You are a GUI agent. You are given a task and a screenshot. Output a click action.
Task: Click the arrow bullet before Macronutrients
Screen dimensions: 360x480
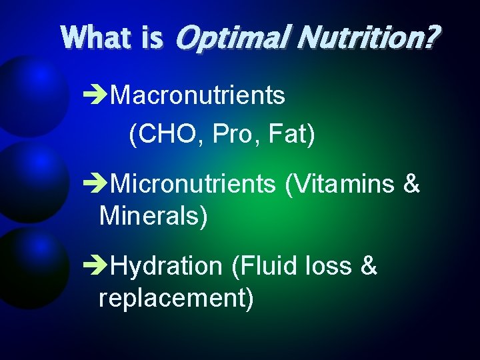98,96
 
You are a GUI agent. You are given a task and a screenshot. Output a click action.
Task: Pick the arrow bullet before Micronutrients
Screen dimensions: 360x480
98,184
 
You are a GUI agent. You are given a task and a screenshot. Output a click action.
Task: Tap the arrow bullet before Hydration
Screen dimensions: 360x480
98,267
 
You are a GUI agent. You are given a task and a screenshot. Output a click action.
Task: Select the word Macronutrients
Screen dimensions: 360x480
197,96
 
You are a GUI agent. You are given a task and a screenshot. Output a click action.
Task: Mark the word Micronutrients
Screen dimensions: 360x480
193,184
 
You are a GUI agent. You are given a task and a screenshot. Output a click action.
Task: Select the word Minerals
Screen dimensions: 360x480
151,216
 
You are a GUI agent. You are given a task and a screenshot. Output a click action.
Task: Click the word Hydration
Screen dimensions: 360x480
166,267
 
